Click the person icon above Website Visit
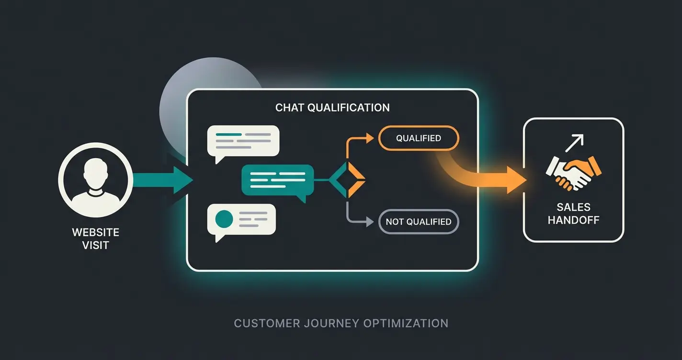(x=95, y=180)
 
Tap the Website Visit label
(x=95, y=239)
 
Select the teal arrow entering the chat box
(x=163, y=180)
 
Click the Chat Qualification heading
(x=332, y=107)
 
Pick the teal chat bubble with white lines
(x=277, y=180)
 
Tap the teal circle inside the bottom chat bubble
(x=224, y=219)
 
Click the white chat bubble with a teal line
(x=243, y=141)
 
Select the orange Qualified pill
(x=418, y=138)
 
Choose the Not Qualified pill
(x=418, y=222)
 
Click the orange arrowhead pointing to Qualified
(x=369, y=138)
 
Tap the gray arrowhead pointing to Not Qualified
(x=369, y=222)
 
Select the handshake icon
(x=573, y=171)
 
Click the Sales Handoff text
(x=573, y=214)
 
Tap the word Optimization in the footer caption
(x=406, y=323)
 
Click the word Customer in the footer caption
(x=266, y=323)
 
